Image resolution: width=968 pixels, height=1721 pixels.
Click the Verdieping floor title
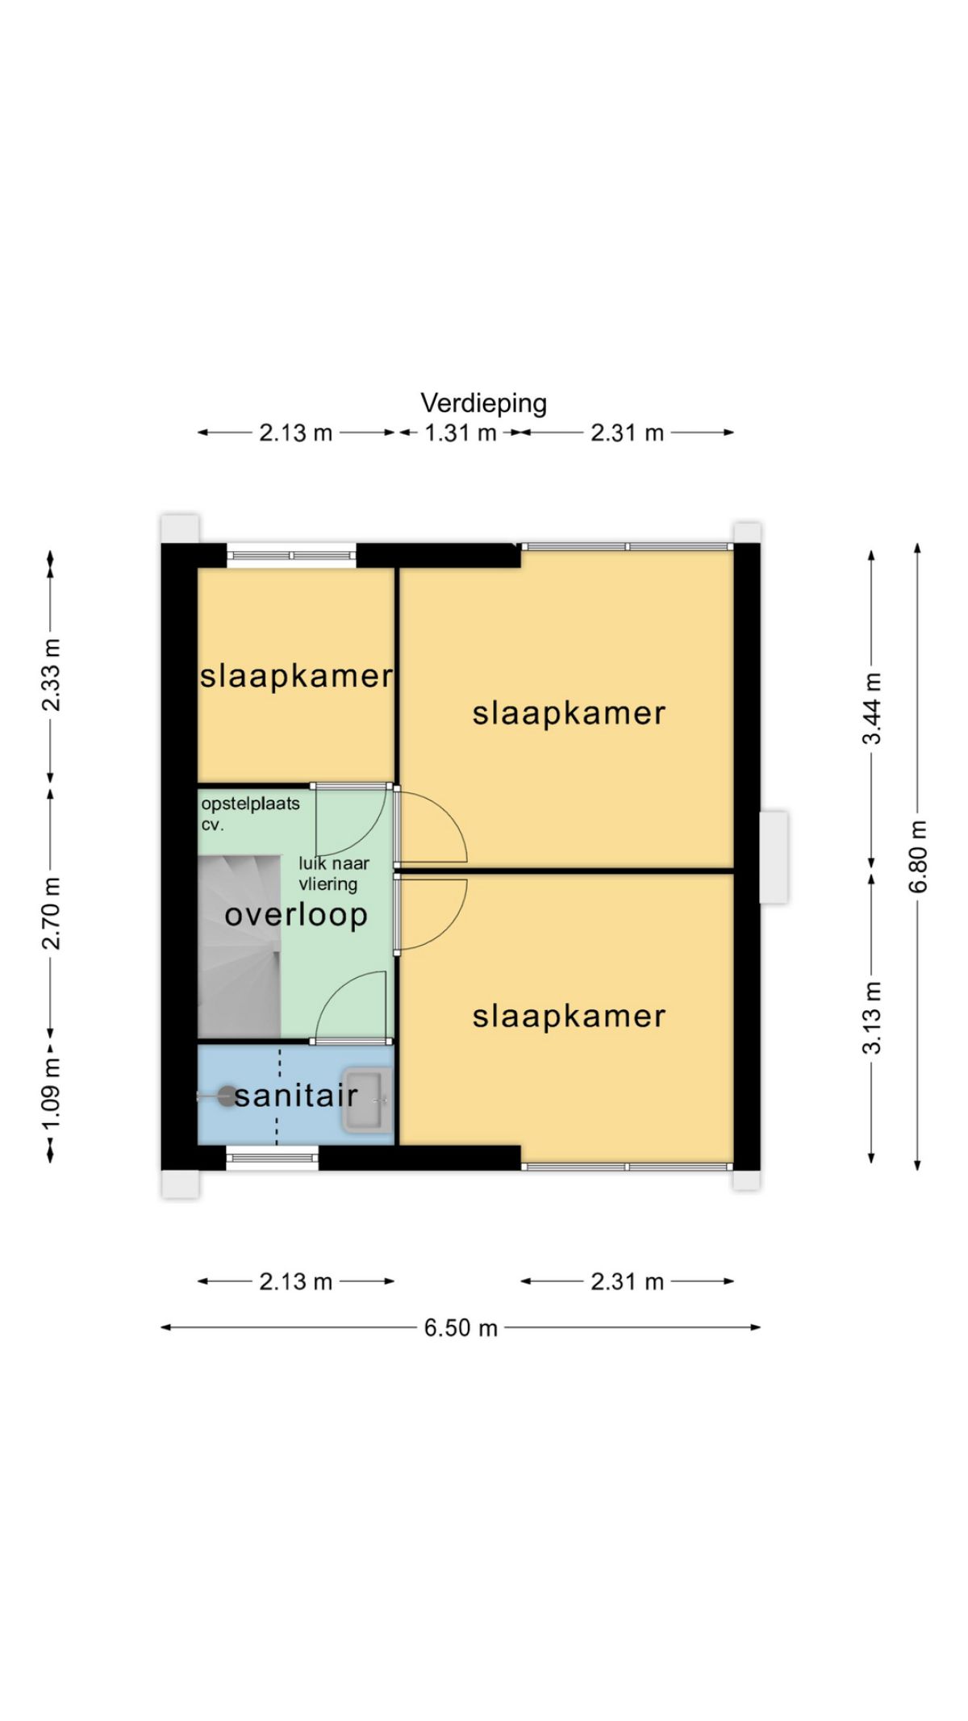click(x=483, y=403)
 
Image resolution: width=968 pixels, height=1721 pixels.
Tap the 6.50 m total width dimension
click(x=461, y=1327)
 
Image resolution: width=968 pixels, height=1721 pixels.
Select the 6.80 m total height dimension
click(x=918, y=856)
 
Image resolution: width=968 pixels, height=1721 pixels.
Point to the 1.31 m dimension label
click(x=460, y=433)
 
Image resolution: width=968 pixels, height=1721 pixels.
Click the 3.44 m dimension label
click(x=872, y=708)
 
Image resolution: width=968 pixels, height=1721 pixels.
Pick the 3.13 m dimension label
click(x=872, y=1017)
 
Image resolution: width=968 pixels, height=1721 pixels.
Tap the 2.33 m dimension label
click(x=51, y=675)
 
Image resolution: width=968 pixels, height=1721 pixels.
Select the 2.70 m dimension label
click(x=51, y=912)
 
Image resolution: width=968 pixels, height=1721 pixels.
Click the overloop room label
click(x=296, y=915)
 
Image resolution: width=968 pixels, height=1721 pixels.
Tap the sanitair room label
click(x=296, y=1096)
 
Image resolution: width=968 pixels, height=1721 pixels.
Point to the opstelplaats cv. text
click(x=250, y=813)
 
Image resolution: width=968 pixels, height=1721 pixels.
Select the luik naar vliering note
click(x=334, y=873)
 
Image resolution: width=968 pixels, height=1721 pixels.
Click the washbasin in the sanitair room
click(x=367, y=1099)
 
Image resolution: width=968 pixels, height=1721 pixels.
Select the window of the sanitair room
click(x=272, y=1158)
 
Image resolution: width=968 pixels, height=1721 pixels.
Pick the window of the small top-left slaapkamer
click(x=291, y=555)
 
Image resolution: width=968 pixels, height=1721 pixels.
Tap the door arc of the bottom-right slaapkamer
click(x=432, y=912)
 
